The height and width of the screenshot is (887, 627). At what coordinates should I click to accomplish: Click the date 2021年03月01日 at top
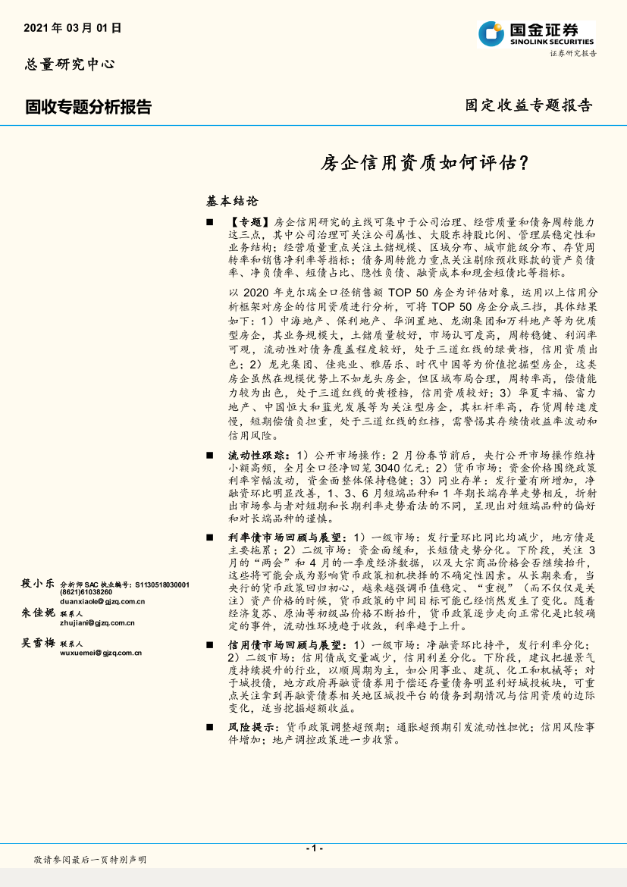click(x=73, y=28)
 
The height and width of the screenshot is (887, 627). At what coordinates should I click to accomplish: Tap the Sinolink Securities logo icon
click(x=490, y=33)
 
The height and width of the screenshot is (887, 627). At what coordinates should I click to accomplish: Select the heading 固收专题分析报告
click(x=88, y=108)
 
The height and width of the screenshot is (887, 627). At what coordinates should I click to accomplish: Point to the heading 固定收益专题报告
click(x=528, y=105)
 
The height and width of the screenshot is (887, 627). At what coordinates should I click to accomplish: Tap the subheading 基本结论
click(x=232, y=202)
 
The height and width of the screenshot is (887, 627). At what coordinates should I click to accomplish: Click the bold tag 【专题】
click(x=249, y=222)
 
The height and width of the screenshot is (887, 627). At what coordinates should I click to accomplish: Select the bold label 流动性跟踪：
click(x=257, y=455)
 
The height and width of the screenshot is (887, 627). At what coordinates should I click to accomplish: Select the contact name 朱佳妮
click(x=38, y=613)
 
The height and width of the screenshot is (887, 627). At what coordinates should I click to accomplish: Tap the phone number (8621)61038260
click(x=86, y=592)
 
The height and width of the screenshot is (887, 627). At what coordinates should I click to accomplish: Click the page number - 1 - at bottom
click(x=314, y=848)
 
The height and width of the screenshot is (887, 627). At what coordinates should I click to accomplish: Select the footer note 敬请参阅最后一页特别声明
click(x=90, y=860)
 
